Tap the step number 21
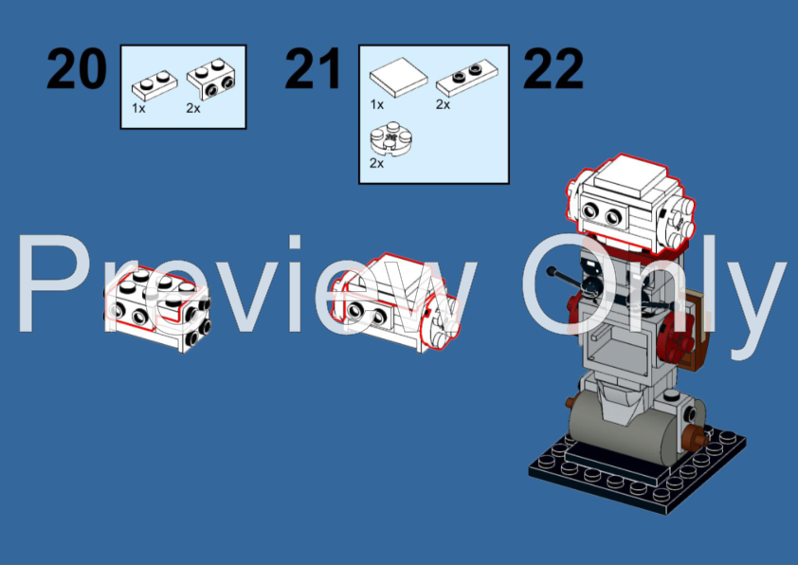(313, 69)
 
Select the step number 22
(553, 69)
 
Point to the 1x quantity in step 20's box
(138, 108)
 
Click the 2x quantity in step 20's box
(193, 108)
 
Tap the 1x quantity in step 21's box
(376, 104)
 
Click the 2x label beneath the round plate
(376, 163)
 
